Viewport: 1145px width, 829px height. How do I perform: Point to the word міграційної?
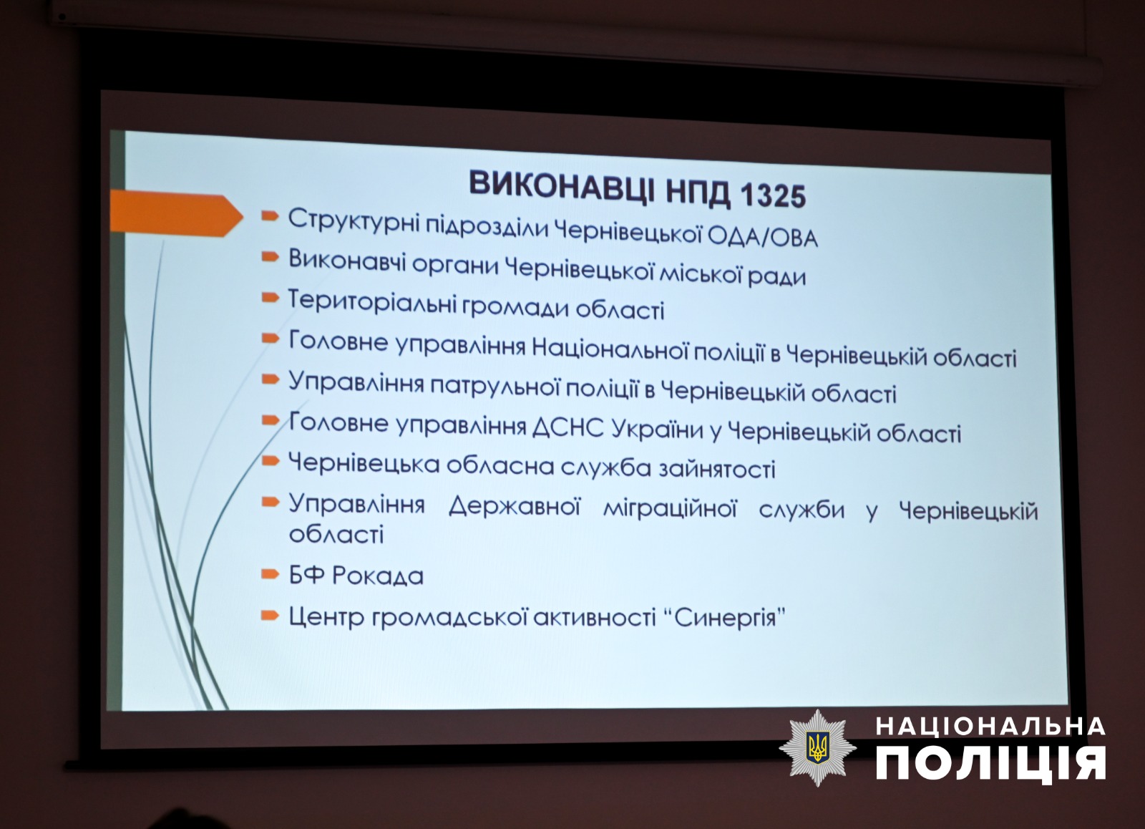(670, 509)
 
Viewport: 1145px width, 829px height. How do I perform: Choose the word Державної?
(515, 507)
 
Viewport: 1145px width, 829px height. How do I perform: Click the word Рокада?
(378, 576)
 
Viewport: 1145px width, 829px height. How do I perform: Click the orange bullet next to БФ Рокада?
(269, 574)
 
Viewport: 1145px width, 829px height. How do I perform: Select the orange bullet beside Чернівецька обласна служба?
(270, 461)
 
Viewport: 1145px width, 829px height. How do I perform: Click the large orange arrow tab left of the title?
(176, 215)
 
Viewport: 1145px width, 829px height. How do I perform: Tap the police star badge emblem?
(817, 747)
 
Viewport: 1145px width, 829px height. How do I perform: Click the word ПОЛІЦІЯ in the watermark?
(990, 764)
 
